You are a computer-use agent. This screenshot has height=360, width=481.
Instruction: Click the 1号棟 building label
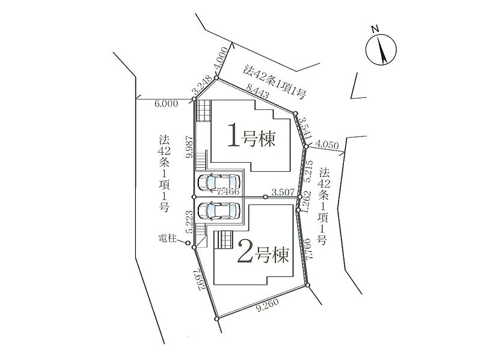(x=251, y=139)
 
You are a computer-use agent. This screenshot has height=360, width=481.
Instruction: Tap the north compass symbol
(x=381, y=49)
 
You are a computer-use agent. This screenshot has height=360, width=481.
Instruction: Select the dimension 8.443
(x=257, y=91)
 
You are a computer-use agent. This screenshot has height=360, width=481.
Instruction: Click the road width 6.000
(x=167, y=104)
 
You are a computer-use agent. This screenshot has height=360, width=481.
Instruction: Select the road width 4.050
(x=327, y=144)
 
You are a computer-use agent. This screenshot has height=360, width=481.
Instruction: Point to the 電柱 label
(x=168, y=238)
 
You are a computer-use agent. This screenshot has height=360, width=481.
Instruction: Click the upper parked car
(x=218, y=183)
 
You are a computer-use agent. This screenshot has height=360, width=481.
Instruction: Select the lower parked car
(x=218, y=211)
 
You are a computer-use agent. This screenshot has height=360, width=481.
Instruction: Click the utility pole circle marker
(x=188, y=243)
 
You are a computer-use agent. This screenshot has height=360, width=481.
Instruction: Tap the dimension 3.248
(x=202, y=85)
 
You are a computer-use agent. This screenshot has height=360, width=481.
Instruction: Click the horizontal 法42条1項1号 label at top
(x=275, y=82)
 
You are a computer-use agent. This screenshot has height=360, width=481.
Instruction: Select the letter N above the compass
(x=375, y=29)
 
